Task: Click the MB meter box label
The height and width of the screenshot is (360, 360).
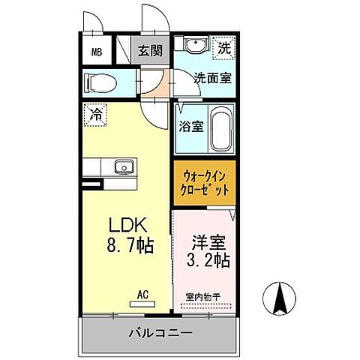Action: click(x=97, y=52)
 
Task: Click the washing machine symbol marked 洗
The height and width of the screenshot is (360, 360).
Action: click(x=225, y=46)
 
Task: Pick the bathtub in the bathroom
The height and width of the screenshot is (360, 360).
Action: click(x=220, y=128)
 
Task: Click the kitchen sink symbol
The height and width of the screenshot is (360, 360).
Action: click(x=121, y=166)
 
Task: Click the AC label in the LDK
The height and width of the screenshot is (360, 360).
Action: click(x=142, y=295)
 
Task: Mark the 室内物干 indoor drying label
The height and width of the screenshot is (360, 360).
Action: click(x=202, y=297)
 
